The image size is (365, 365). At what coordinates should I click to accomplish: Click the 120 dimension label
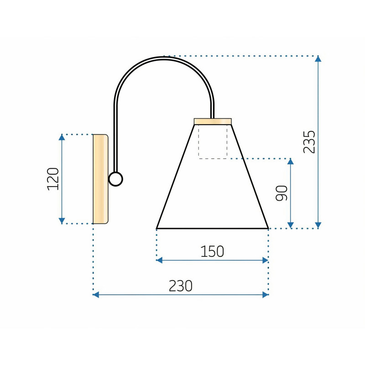53,179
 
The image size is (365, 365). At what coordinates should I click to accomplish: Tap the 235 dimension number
309,142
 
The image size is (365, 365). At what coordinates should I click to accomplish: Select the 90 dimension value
282,193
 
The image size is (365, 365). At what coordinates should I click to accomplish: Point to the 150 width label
212,251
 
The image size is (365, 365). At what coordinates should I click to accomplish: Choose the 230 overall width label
180,286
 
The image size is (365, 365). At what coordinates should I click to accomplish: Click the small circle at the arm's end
115,179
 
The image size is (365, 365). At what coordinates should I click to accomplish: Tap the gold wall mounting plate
100,179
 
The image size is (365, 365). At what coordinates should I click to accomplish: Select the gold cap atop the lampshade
213,121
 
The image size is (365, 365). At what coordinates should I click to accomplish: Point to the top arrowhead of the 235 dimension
318,59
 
